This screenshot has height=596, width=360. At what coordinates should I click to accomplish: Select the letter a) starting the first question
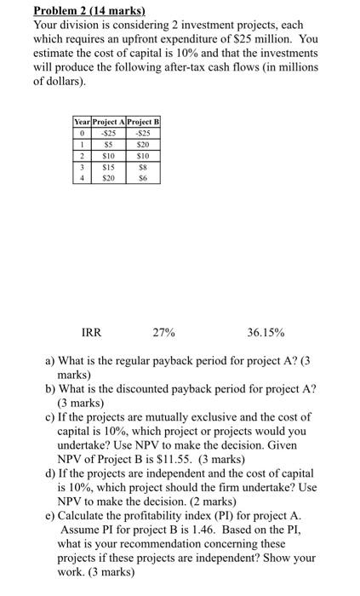pos(50,360)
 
